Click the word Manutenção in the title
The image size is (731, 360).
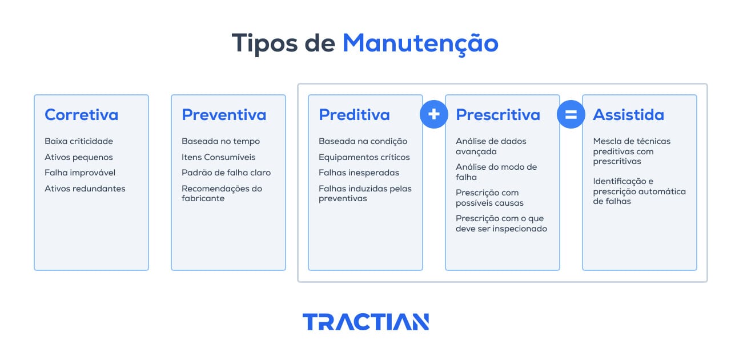tap(420, 43)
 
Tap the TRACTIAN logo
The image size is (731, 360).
tap(365, 322)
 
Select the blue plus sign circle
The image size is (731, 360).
tap(433, 114)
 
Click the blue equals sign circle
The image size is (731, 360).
tap(571, 114)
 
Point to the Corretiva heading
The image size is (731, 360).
tap(81, 115)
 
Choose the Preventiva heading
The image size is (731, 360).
tap(224, 115)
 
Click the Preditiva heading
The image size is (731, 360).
tap(354, 115)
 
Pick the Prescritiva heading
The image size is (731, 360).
tap(497, 115)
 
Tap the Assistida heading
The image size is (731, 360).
tap(628, 115)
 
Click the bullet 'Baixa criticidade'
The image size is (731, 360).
tap(79, 141)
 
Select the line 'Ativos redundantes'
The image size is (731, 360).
tap(85, 189)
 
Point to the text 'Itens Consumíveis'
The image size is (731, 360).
tap(219, 157)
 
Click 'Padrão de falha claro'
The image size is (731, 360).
tap(226, 173)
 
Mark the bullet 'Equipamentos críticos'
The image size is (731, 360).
tap(364, 157)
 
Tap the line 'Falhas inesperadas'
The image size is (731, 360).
tap(359, 173)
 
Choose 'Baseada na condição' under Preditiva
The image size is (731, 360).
tap(363, 141)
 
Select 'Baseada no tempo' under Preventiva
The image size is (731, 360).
tap(220, 141)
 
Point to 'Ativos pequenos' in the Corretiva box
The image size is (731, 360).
tap(79, 157)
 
